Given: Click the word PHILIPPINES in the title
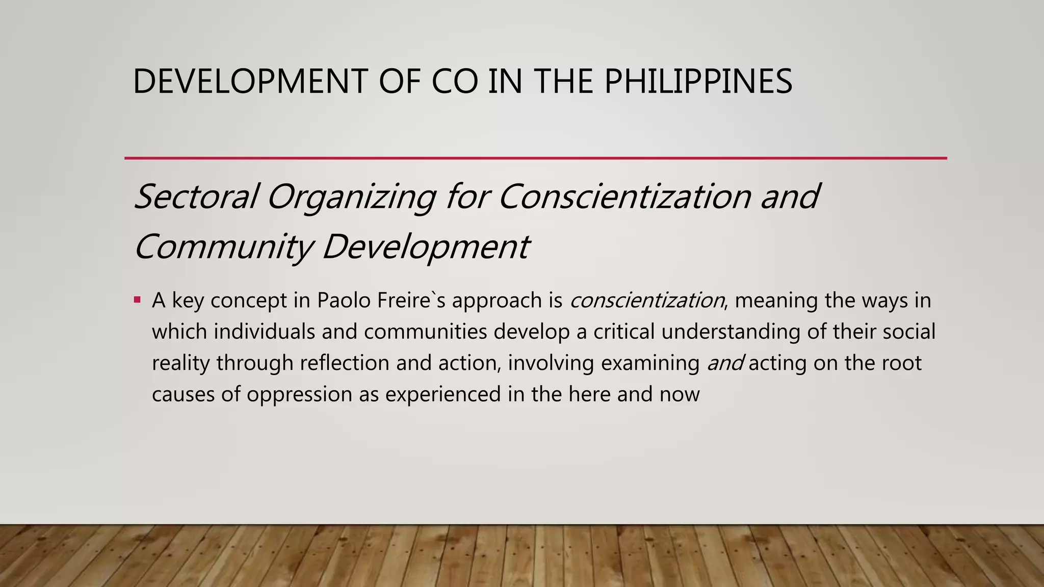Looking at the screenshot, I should click(x=698, y=82).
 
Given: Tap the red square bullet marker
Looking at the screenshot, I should click(x=137, y=300).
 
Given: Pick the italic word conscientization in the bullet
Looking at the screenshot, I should click(x=647, y=301).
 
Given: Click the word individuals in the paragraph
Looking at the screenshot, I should click(x=264, y=332).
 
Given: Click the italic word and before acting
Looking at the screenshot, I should click(x=725, y=363).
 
